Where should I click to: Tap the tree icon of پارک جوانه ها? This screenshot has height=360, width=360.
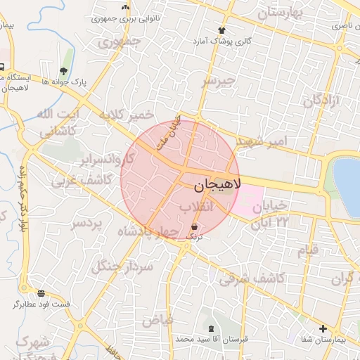point(64,71)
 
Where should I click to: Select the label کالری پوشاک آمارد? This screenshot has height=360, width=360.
point(224,41)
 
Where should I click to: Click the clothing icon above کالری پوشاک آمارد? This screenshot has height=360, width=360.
point(222,30)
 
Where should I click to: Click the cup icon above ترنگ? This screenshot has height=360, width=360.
point(194,226)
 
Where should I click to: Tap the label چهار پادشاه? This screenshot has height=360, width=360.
point(149,232)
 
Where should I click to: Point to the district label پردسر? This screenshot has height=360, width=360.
point(86,224)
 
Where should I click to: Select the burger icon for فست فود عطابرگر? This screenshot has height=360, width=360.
point(41,293)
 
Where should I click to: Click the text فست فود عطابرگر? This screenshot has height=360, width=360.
point(41,304)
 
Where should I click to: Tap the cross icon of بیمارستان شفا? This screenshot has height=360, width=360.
point(323,328)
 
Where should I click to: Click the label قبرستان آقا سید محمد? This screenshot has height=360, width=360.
point(212,340)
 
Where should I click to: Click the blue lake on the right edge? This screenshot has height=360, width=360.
point(347,186)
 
